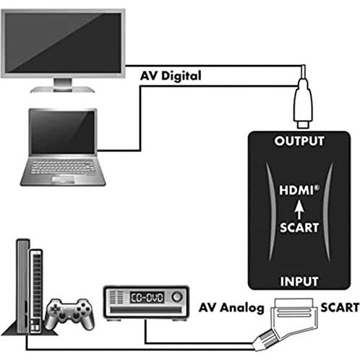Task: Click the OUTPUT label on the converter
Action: coord(299,141)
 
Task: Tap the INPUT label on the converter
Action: coord(299,281)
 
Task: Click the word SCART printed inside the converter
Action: coord(299,228)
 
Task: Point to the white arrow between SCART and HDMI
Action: coord(299,209)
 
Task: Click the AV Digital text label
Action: coord(171,76)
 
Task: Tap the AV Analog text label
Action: coord(231,308)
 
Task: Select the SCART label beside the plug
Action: coord(340,308)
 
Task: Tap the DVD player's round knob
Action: coord(177,296)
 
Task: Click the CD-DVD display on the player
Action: coord(147,298)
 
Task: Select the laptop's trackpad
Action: coord(63,179)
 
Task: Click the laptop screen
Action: coord(63,132)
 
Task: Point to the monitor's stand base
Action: coord(62,90)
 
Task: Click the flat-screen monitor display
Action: coord(63,43)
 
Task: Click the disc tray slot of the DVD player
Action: coord(146,310)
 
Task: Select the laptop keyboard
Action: coord(63,167)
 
